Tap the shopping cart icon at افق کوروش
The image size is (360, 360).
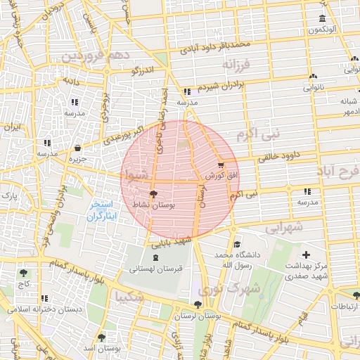[x=221, y=164]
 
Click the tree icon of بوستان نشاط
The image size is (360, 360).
[x=154, y=193]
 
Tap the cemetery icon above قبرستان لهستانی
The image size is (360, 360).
[x=155, y=258]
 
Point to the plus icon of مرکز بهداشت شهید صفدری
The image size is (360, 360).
[x=305, y=255]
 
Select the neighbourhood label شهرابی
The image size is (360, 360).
[x=284, y=228]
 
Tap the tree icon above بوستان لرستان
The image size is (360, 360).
[x=197, y=305]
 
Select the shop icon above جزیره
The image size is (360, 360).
[x=77, y=148]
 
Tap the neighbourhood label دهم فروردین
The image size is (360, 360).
[x=95, y=55]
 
